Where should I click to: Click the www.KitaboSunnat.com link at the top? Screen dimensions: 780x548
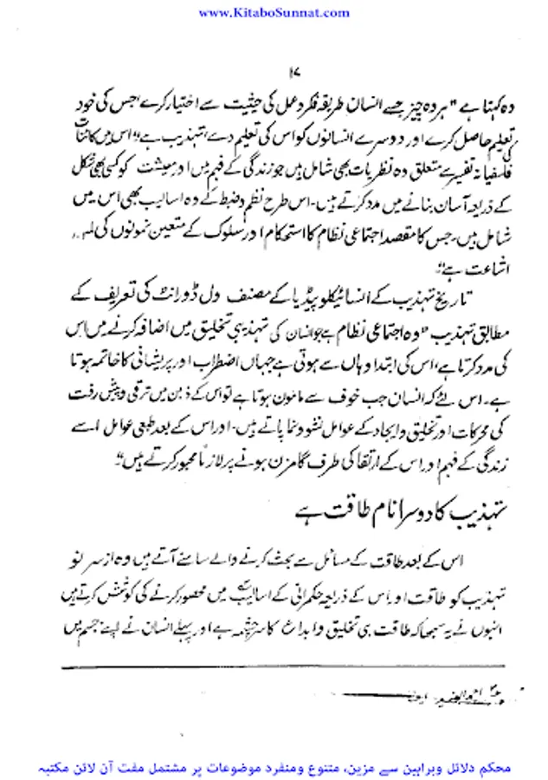click(x=274, y=12)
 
